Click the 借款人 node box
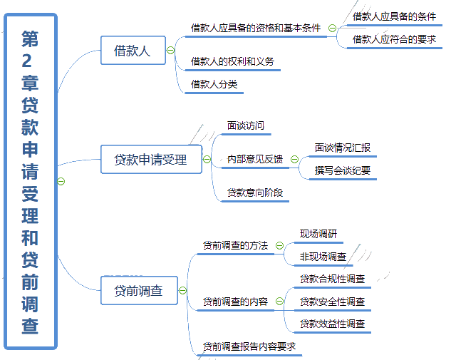click(133, 50)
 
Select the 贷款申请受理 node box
click(150, 160)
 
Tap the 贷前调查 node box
click(139, 290)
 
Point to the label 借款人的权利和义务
click(232, 61)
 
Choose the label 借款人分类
click(214, 84)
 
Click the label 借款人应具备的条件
click(394, 16)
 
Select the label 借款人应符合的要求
click(394, 39)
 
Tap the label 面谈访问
click(246, 125)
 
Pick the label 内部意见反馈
click(255, 159)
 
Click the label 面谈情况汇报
click(343, 148)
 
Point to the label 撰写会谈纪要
click(343, 170)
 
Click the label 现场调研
click(318, 234)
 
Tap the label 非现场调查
click(323, 257)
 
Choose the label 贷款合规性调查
click(332, 279)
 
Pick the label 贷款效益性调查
click(332, 324)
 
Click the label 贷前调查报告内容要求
click(249, 346)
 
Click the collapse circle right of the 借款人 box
click(170, 50)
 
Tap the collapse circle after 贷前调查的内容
click(279, 302)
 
